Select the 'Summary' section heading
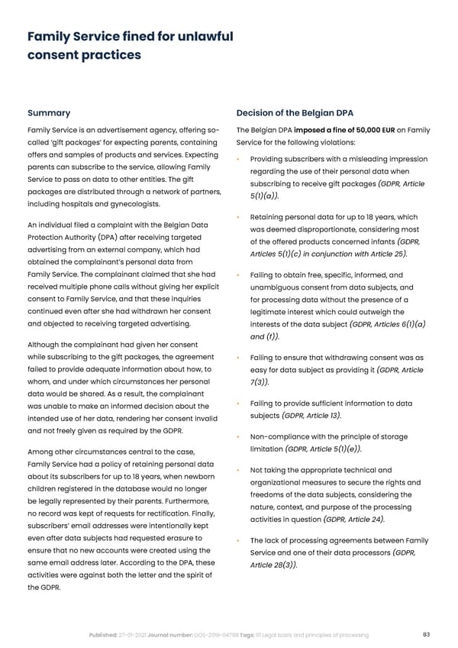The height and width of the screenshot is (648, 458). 49,112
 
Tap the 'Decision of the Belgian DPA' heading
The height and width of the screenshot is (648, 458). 295,112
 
